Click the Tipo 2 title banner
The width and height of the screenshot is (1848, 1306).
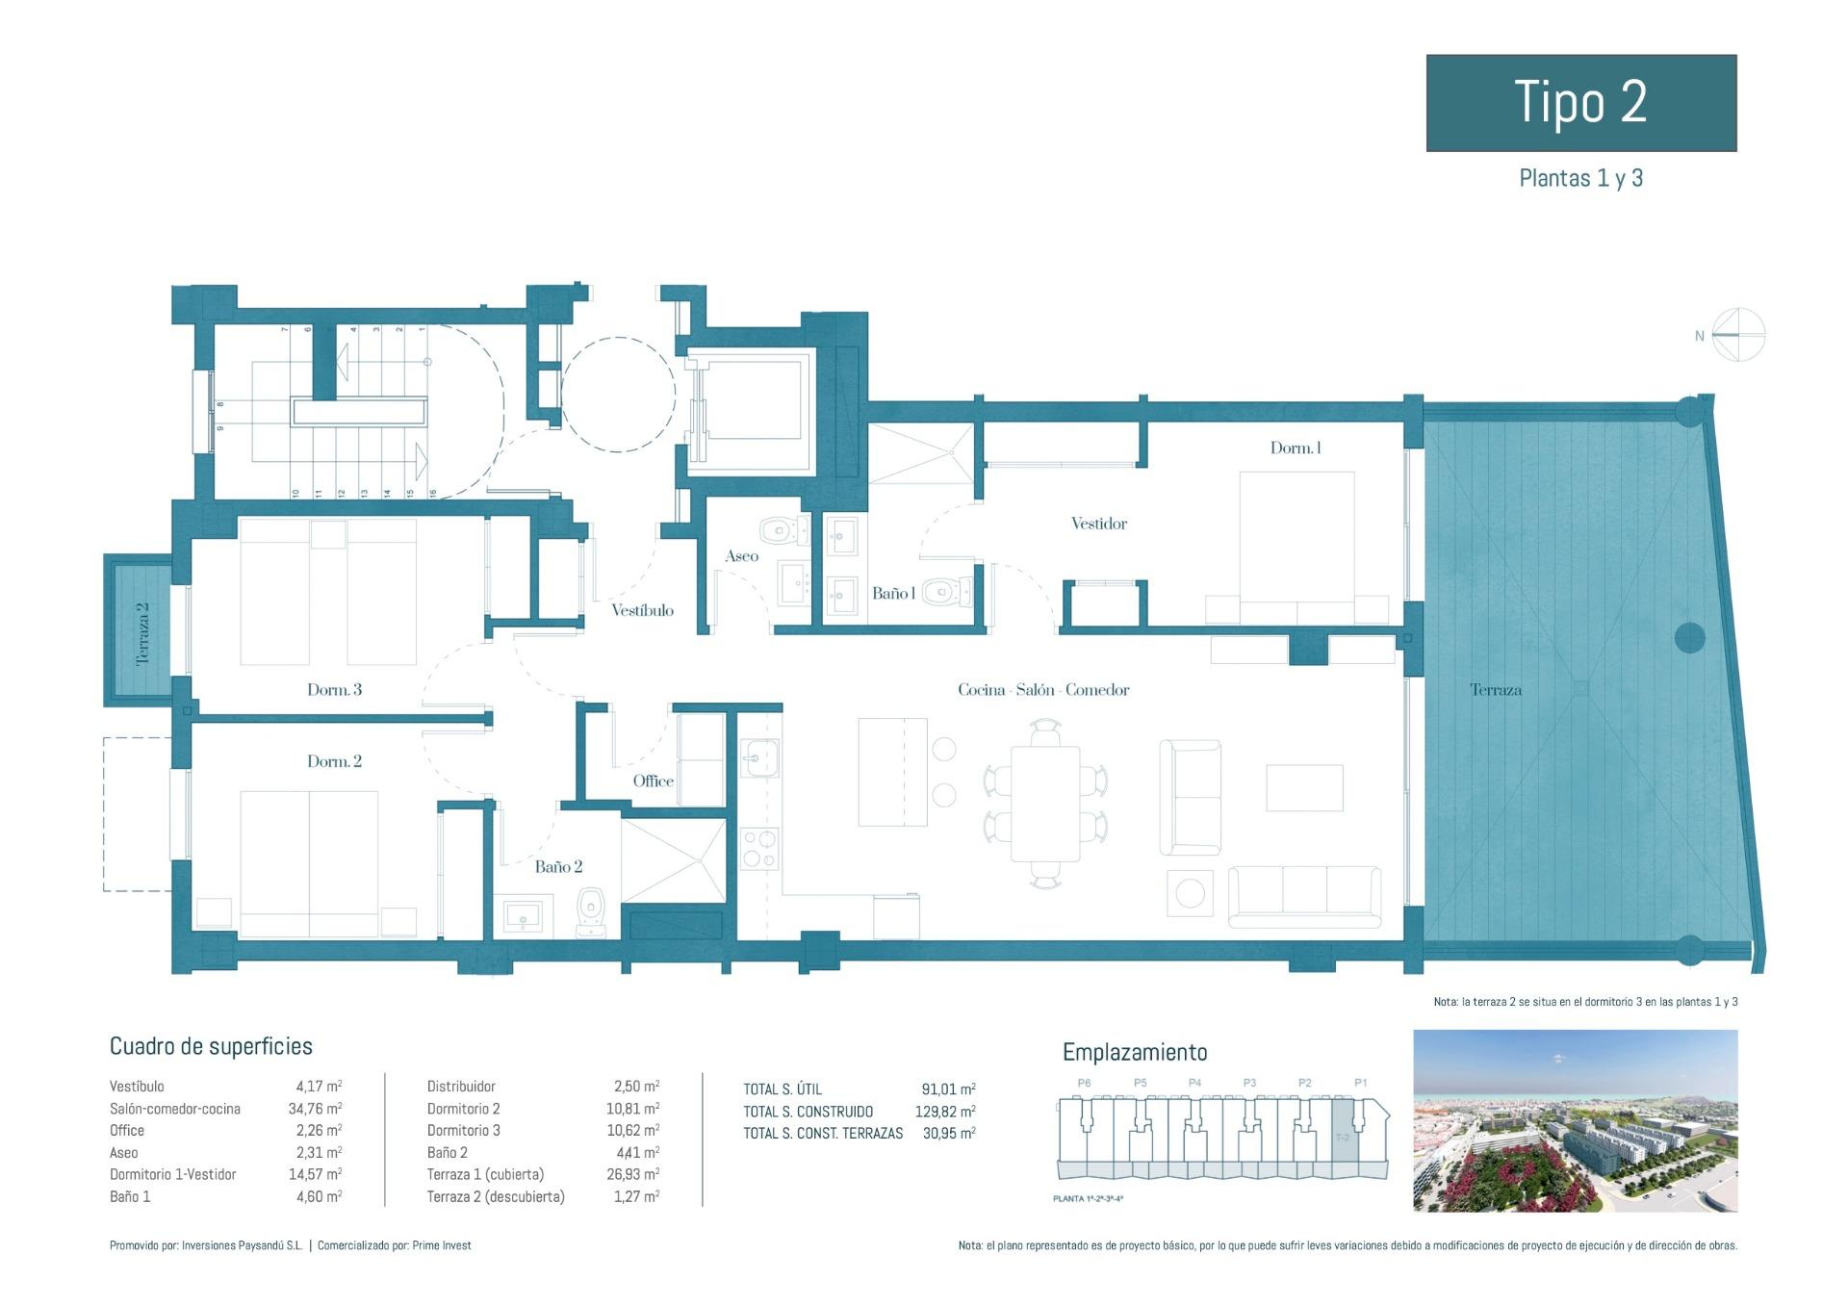coord(1580,102)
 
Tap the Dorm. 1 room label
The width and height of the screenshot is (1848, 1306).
coord(1296,448)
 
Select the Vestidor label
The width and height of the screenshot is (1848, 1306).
coord(1098,524)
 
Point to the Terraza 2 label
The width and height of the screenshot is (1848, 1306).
coord(143,634)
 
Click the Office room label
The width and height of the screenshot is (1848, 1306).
coord(653,781)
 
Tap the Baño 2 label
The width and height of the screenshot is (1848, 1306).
coord(558,866)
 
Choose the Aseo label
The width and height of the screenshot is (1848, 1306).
coord(741,556)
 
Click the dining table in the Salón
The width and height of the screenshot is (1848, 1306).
coord(1045,804)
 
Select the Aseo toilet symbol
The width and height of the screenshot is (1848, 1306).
coord(783,530)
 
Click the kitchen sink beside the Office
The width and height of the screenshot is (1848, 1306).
coord(759,758)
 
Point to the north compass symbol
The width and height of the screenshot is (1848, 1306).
coord(1738,335)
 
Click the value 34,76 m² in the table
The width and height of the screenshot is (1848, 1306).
coord(315,1109)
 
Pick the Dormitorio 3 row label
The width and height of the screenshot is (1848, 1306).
coord(463,1131)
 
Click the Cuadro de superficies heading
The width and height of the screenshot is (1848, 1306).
coord(211,1046)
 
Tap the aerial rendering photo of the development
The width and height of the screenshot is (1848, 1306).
coord(1575,1120)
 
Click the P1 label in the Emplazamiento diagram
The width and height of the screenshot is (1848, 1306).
coord(1360,1083)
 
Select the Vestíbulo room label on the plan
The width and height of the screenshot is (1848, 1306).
coord(642,610)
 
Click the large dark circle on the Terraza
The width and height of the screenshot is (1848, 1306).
coord(1689,637)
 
